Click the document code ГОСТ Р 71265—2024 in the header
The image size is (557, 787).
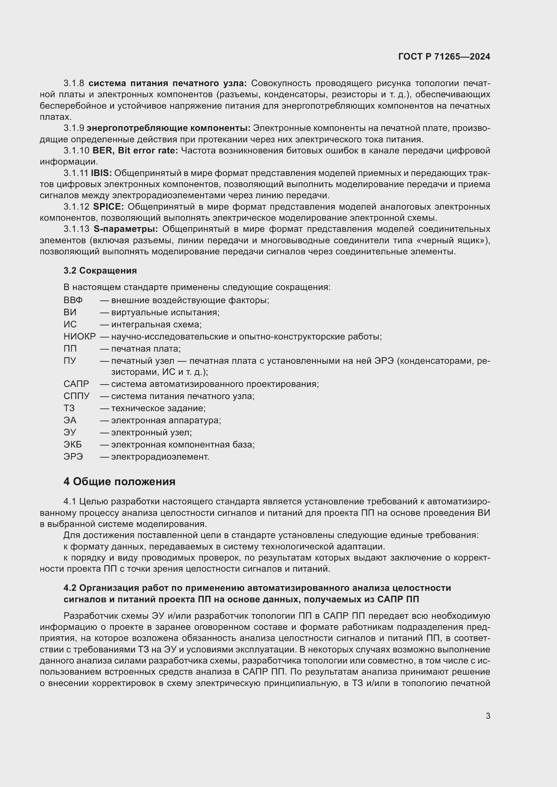[x=444, y=57]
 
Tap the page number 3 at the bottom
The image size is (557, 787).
[x=488, y=716]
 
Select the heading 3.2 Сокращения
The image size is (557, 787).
[x=100, y=271]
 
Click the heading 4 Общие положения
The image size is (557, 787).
[x=119, y=481]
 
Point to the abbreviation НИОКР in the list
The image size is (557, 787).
[x=79, y=336]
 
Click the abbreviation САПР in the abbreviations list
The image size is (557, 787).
[x=76, y=384]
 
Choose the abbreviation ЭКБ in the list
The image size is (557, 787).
[x=73, y=444]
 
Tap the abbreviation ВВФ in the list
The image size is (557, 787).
[x=73, y=300]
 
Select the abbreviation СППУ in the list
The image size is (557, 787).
[x=76, y=396]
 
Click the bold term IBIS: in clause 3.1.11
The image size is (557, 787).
[x=101, y=173]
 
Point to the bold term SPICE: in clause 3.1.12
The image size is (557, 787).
[x=108, y=207]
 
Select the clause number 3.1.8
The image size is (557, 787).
[x=74, y=83]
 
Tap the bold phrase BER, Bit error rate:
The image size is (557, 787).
[x=135, y=150]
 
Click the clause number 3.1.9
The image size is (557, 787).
[x=74, y=128]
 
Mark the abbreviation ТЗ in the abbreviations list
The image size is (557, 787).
[x=69, y=408]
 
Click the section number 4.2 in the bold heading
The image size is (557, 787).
[x=70, y=588]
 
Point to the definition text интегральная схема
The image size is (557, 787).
[x=156, y=324]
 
